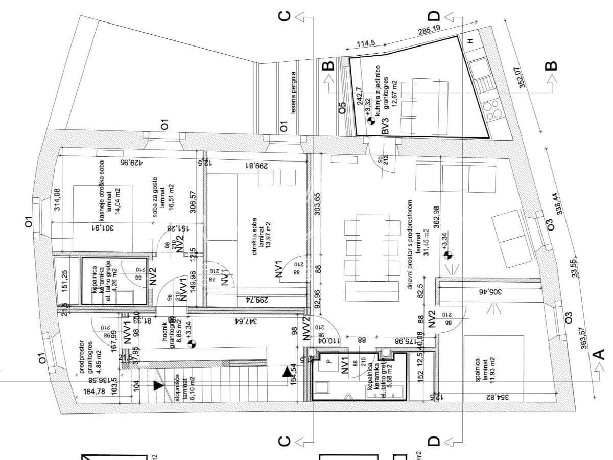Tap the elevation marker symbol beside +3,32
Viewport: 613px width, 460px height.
coord(371,122)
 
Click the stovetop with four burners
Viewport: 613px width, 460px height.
coord(493,111)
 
